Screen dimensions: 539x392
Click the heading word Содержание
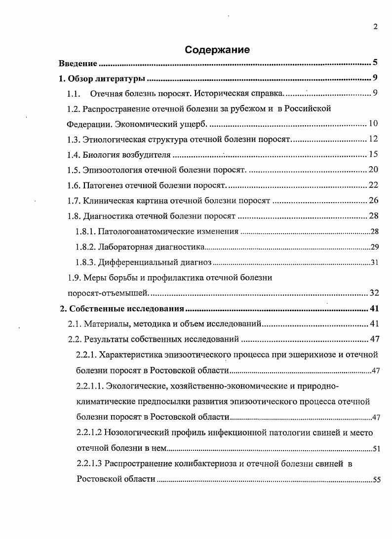click(217, 50)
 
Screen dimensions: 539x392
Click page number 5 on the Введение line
click(375, 63)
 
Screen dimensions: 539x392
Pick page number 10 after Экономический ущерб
click(373, 124)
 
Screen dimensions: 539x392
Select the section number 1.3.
click(74, 140)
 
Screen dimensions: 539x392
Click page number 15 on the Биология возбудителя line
click(373, 155)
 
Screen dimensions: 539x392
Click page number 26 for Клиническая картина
click(373, 201)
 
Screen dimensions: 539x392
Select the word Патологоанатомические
click(141, 232)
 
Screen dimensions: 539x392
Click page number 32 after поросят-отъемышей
click(374, 293)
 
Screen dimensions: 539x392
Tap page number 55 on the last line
click(376, 479)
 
